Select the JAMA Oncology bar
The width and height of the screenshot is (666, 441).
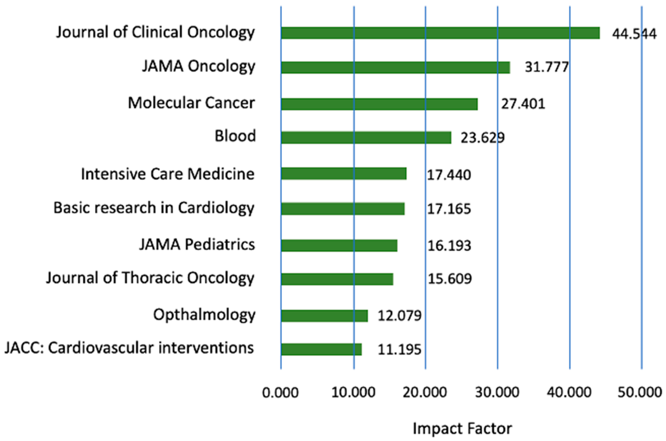click(x=395, y=68)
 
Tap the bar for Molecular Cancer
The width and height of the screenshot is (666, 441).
click(x=379, y=104)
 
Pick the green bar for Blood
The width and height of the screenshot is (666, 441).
click(x=366, y=138)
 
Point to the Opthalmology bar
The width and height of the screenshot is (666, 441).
click(x=324, y=316)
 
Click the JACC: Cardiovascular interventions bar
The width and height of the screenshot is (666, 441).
click(x=321, y=349)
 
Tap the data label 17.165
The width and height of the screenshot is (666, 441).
click(x=449, y=209)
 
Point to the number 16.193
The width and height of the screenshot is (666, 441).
click(x=449, y=246)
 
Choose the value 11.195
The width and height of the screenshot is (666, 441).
click(x=399, y=350)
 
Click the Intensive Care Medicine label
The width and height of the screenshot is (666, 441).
click(x=168, y=174)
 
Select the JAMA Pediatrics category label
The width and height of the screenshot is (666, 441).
click(x=197, y=244)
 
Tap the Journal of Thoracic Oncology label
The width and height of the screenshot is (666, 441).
click(x=150, y=278)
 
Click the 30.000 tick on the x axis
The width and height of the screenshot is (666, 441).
click(x=497, y=392)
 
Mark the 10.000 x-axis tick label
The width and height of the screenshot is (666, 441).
click(x=353, y=392)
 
